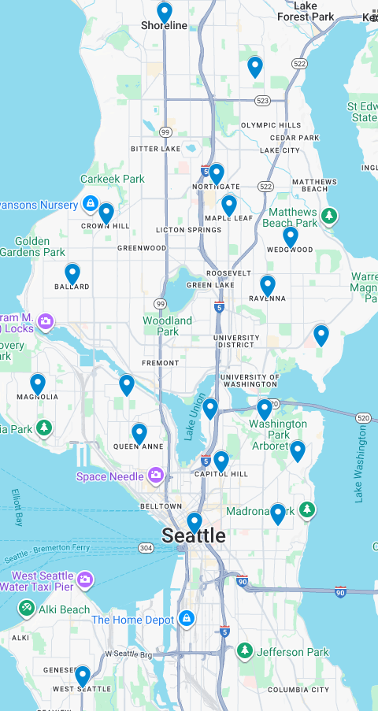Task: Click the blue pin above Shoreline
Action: (x=165, y=13)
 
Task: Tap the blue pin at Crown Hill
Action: (x=106, y=213)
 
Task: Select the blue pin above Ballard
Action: (x=72, y=273)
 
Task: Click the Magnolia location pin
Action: (x=38, y=384)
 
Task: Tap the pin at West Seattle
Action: (x=83, y=676)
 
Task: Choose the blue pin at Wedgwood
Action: (x=291, y=236)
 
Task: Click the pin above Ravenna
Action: (x=268, y=285)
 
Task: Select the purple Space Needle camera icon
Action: (x=156, y=476)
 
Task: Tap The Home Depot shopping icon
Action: (x=186, y=620)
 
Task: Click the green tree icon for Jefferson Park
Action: (x=245, y=651)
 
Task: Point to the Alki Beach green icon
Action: (x=26, y=609)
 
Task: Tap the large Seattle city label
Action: (x=194, y=536)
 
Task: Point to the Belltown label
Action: (x=161, y=505)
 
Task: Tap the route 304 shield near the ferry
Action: (x=146, y=547)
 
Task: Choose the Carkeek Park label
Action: (x=113, y=179)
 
